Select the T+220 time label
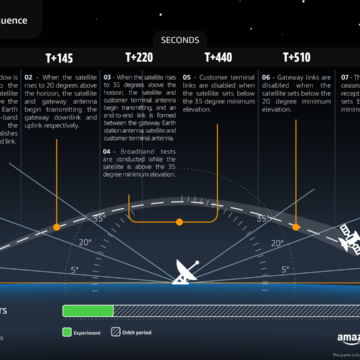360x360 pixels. pos(141,58)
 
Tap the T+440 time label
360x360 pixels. pos(217,58)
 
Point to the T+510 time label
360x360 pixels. pos(296,58)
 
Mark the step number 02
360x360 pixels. pos(58,76)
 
